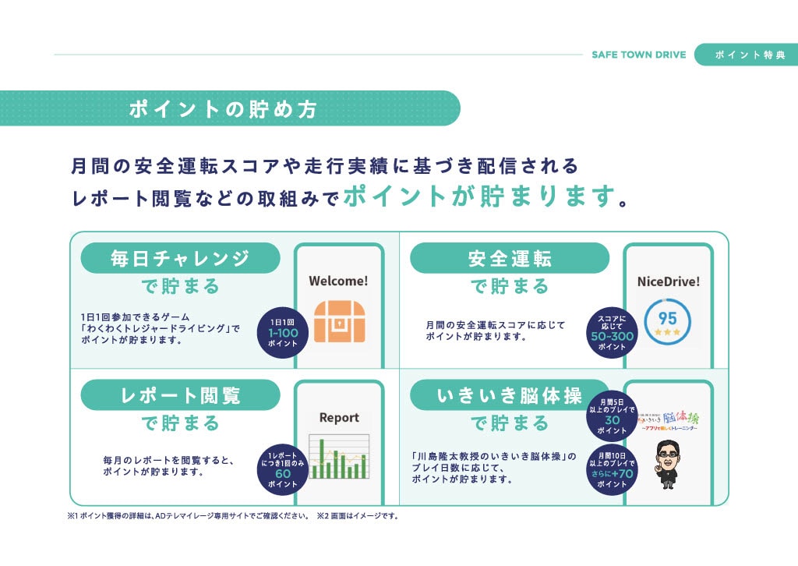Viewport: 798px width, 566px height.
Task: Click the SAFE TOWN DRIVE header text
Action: tap(638, 55)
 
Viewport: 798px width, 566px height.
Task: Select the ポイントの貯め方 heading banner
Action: tap(224, 108)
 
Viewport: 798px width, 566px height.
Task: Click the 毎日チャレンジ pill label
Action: tap(180, 258)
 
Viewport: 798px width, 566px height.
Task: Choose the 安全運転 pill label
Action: tap(510, 258)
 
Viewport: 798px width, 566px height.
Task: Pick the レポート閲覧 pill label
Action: tap(180, 395)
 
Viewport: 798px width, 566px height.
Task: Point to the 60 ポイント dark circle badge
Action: tap(283, 469)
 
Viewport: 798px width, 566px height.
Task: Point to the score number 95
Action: tap(668, 318)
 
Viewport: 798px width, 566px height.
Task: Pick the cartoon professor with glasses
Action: tap(668, 465)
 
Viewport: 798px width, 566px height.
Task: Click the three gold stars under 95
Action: tap(668, 333)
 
